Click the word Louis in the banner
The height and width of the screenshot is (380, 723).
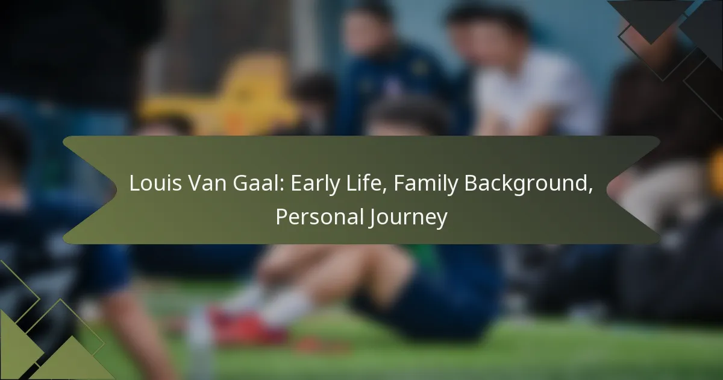(x=155, y=183)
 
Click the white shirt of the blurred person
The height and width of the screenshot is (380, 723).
(x=533, y=93)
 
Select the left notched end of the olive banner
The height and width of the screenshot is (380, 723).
(x=90, y=190)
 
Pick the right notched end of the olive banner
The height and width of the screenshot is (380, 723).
(x=633, y=190)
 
